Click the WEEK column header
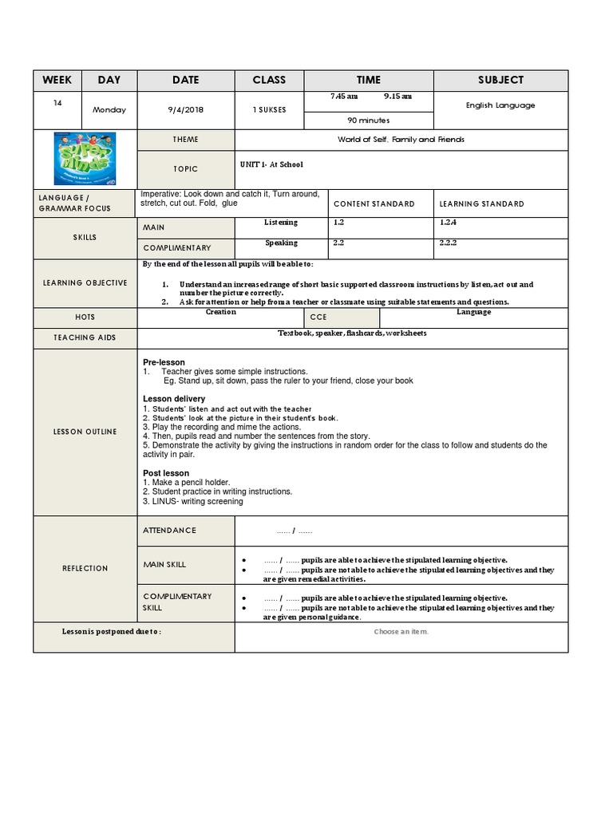pyautogui.click(x=57, y=80)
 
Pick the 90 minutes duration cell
pyautogui.click(x=368, y=120)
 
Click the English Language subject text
pyautogui.click(x=500, y=105)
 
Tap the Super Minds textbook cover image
pyautogui.click(x=85, y=159)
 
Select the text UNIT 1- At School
pyautogui.click(x=271, y=164)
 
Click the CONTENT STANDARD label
pyautogui.click(x=374, y=204)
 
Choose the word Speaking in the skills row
pyautogui.click(x=281, y=243)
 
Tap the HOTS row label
pyautogui.click(x=85, y=318)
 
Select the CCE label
pyautogui.click(x=319, y=318)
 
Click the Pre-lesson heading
pyautogui.click(x=164, y=362)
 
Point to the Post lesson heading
pyautogui.click(x=166, y=473)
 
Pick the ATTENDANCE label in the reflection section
pyautogui.click(x=169, y=531)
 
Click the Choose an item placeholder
pyautogui.click(x=401, y=632)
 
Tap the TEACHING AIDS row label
pyautogui.click(x=85, y=337)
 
